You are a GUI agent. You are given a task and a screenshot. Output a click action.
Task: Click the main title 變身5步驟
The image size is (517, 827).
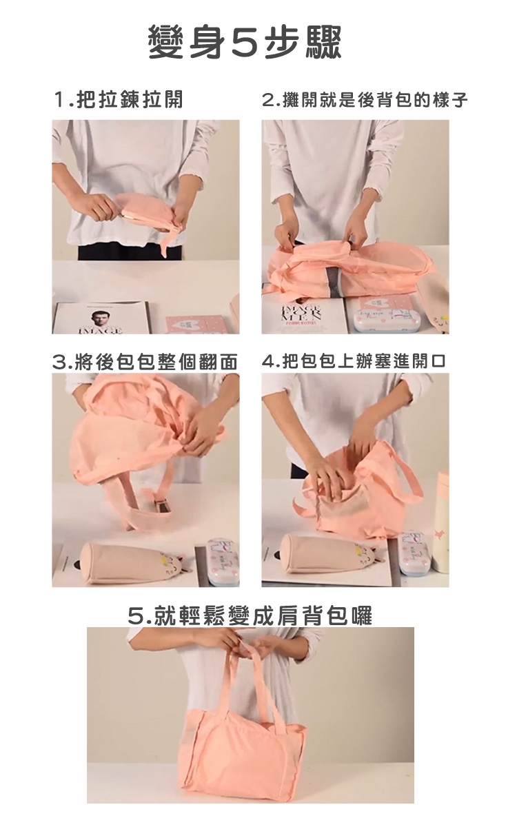tap(245, 43)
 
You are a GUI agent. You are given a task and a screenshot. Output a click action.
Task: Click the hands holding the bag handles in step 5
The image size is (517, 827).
tap(250, 647)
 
